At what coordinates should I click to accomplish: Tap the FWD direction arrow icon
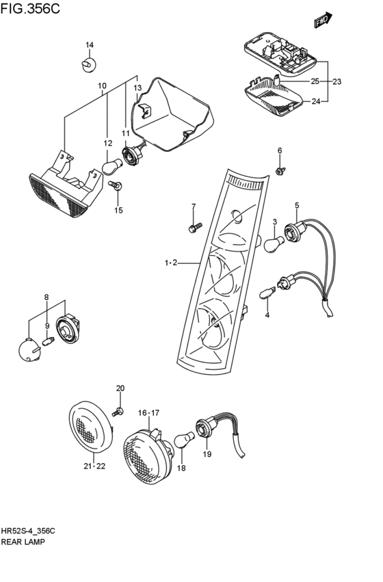(323, 21)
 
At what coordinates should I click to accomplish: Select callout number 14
(89, 46)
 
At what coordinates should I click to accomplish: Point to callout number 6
(279, 150)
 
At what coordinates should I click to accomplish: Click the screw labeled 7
(194, 225)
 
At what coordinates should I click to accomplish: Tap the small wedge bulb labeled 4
(266, 294)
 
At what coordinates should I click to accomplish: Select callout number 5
(297, 206)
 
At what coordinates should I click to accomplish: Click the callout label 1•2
(170, 263)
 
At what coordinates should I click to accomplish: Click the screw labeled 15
(116, 185)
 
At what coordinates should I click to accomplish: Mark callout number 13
(137, 88)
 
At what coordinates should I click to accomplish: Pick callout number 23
(336, 81)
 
